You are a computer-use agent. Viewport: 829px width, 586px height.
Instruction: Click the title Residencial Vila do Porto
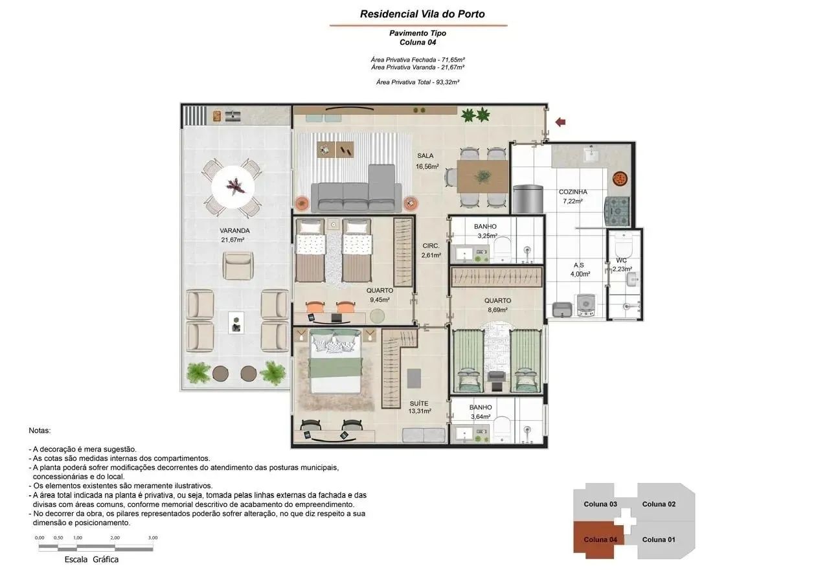point(422,14)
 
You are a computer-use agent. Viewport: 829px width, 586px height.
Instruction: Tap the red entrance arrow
point(560,122)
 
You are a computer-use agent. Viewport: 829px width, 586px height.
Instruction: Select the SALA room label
point(426,156)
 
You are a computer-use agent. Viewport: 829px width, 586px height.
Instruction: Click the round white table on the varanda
point(233,187)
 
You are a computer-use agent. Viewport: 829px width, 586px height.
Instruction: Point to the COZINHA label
point(573,192)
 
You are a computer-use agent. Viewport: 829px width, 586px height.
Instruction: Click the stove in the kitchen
point(617,211)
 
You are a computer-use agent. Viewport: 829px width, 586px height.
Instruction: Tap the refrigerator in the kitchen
point(528,199)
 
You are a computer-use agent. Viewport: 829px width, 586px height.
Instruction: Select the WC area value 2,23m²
point(622,269)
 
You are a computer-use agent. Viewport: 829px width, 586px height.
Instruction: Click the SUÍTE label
point(419,403)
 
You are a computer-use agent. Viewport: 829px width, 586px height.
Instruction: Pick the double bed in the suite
point(335,362)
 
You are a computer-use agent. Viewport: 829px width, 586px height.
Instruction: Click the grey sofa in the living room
point(356,192)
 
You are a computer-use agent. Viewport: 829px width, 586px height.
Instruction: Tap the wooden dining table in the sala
point(483,177)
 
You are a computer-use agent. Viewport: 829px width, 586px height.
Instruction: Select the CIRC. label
point(431,245)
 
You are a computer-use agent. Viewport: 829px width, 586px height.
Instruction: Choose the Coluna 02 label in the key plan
point(659,504)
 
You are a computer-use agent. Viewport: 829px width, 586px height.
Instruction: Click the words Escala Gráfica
point(91,559)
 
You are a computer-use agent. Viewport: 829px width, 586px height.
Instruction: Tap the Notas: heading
point(40,431)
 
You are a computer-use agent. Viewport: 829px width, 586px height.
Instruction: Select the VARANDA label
point(234,231)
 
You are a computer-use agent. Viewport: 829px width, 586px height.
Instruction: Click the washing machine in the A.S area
point(585,306)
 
